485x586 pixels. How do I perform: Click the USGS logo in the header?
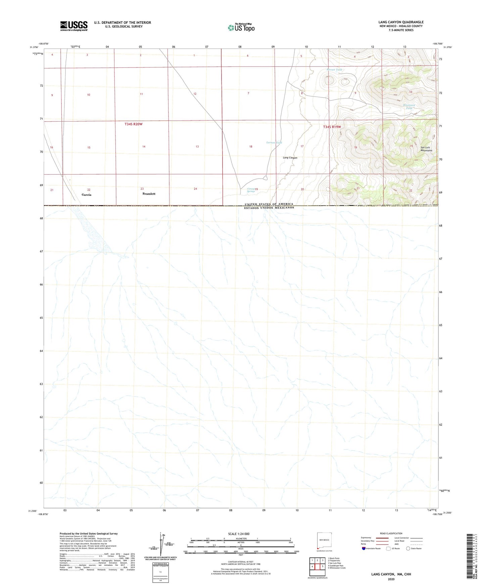[74, 26]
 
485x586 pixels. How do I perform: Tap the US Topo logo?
[241, 28]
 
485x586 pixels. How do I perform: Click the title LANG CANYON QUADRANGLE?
[401, 22]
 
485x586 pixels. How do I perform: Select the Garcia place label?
[86, 195]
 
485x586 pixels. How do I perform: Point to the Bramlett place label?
[149, 194]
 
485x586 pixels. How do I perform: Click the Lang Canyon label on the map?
[290, 158]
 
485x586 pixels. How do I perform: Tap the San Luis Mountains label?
[426, 149]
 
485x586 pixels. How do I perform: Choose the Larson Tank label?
[274, 143]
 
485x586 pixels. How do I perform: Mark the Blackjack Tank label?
[409, 107]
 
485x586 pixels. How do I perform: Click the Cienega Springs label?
[251, 190]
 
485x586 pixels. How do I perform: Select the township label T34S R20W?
[134, 124]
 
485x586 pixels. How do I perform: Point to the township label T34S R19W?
[332, 127]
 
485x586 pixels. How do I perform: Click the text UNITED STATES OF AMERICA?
[269, 204]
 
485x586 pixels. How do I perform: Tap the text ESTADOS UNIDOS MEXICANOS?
[269, 208]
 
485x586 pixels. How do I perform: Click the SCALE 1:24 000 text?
[239, 534]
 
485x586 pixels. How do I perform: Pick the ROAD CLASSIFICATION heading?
[391, 533]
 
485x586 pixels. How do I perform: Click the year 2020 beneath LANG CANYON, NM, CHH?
[391, 579]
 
